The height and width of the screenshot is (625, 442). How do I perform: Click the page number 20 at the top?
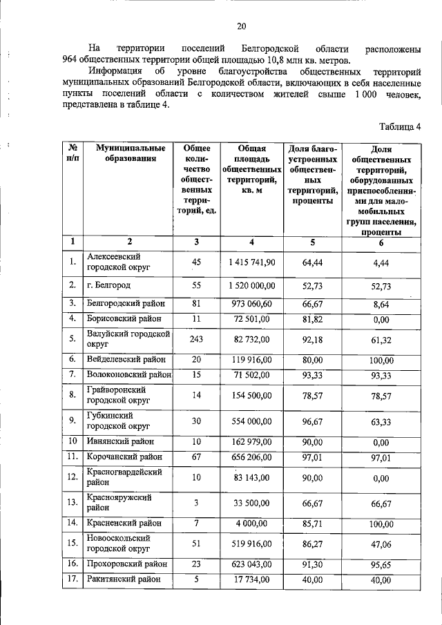[242, 27]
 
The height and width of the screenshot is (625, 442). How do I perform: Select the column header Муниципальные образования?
[131, 153]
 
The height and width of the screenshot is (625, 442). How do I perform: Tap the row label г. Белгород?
[108, 285]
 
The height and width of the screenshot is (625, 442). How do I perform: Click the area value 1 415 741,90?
[251, 262]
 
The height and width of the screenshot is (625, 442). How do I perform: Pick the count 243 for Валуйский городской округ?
[196, 339]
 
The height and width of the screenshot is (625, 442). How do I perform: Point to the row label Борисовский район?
[124, 318]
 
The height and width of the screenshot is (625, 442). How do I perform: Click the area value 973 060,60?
[251, 303]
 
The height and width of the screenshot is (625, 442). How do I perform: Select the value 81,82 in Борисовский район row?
[313, 318]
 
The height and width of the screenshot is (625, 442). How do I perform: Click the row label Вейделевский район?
[126, 360]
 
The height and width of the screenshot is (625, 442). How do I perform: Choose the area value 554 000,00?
[251, 421]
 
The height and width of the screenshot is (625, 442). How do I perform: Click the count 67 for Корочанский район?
[196, 456]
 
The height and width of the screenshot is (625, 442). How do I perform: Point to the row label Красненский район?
[124, 523]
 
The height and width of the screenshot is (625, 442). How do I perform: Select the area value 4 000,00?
[251, 523]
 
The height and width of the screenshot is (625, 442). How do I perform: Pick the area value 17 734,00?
[251, 579]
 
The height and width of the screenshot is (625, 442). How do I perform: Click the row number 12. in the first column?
[72, 477]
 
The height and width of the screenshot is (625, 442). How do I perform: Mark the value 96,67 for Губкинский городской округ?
[313, 421]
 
